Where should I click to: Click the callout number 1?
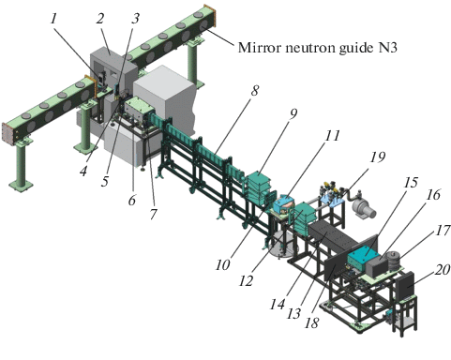pos(53,19)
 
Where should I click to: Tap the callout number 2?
pos(99,19)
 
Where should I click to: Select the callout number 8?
pos(255,91)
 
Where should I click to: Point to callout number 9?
pos(293,113)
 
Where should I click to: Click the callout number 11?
pos(332,136)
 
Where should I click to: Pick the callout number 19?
pos(377,157)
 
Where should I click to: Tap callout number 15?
pos(411,182)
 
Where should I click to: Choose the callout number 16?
pos(433,195)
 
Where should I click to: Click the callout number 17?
pos(443,231)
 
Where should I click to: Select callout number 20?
pos(443,270)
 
